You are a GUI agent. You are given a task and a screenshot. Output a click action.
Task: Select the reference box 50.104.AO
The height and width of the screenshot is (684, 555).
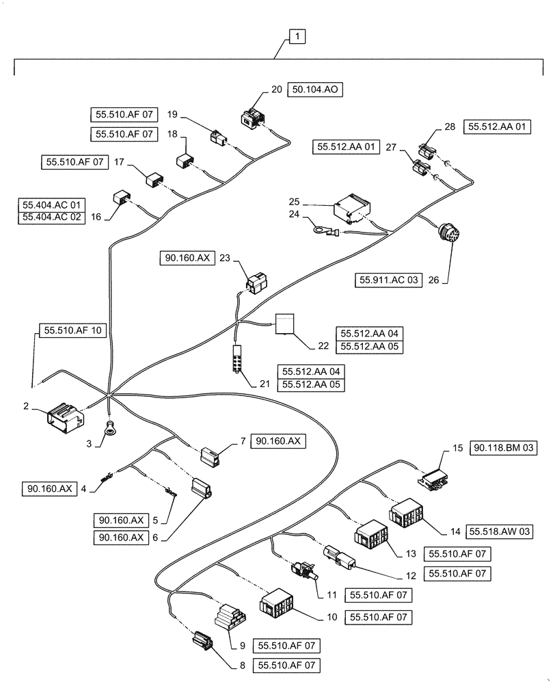click(x=316, y=90)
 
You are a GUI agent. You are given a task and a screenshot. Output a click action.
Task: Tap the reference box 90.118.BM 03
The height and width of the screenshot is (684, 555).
click(x=504, y=448)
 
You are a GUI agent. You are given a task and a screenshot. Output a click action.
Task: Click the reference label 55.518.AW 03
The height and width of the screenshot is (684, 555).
click(x=500, y=530)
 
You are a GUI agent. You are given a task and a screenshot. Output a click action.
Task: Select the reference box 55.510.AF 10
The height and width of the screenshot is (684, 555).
click(x=73, y=330)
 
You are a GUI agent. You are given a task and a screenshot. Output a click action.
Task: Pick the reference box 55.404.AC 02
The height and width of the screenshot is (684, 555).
click(x=51, y=217)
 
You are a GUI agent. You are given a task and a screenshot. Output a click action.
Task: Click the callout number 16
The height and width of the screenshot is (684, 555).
click(x=96, y=217)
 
